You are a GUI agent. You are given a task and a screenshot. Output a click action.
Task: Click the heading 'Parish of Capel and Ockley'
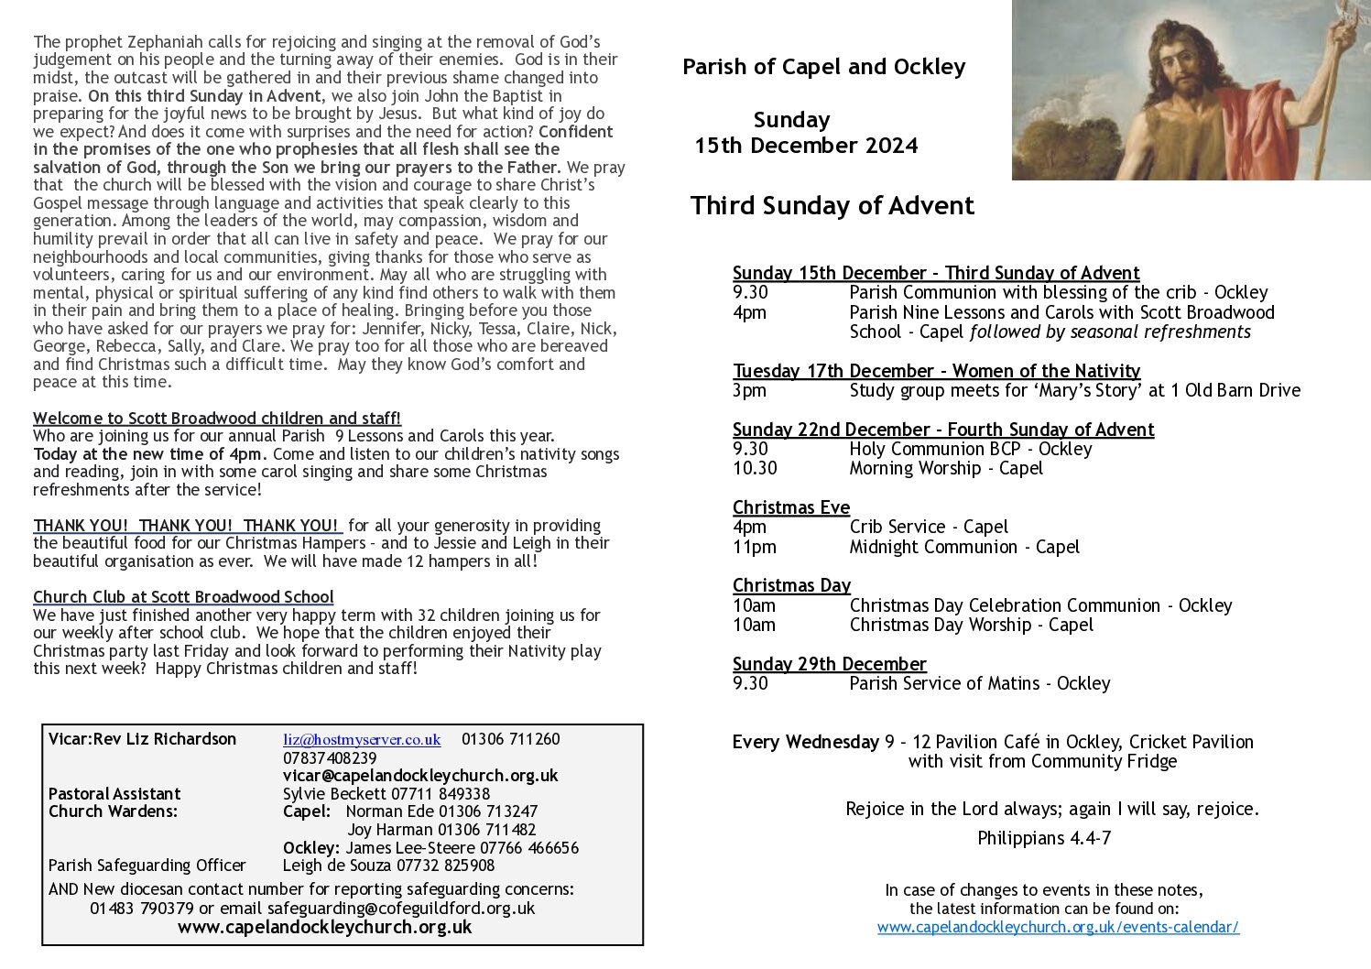pyautogui.click(x=823, y=67)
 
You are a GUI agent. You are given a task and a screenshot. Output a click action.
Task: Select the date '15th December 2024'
pyautogui.click(x=806, y=146)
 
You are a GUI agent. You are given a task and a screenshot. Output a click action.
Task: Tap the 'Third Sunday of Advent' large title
pyautogui.click(x=832, y=205)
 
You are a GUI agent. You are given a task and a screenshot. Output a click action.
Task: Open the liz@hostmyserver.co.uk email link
pyautogui.click(x=362, y=739)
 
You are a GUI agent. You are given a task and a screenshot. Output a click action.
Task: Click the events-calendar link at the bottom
pyautogui.click(x=1058, y=927)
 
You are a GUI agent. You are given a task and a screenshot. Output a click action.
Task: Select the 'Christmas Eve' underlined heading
pyautogui.click(x=791, y=507)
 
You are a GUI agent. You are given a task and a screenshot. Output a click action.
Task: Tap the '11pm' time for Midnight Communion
pyautogui.click(x=754, y=547)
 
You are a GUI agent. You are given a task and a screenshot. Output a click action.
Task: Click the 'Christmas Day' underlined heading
pyautogui.click(x=791, y=585)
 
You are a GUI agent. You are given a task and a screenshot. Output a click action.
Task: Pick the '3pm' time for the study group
pyautogui.click(x=749, y=390)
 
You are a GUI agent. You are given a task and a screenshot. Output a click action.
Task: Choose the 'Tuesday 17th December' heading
pyautogui.click(x=936, y=371)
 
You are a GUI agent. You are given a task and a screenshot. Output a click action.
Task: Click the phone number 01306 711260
pyautogui.click(x=510, y=739)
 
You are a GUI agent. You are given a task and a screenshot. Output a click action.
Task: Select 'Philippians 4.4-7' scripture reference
pyautogui.click(x=1044, y=838)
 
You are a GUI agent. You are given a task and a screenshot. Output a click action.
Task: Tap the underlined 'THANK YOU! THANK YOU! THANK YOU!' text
pyautogui.click(x=186, y=526)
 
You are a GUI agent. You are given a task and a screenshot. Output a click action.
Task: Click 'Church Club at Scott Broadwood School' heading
pyautogui.click(x=183, y=597)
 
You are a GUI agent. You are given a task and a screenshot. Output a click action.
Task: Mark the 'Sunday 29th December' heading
pyautogui.click(x=829, y=664)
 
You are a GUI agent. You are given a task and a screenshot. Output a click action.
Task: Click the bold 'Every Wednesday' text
pyautogui.click(x=805, y=742)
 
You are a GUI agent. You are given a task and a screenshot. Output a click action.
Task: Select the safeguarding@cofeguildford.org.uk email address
pyautogui.click(x=401, y=909)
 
